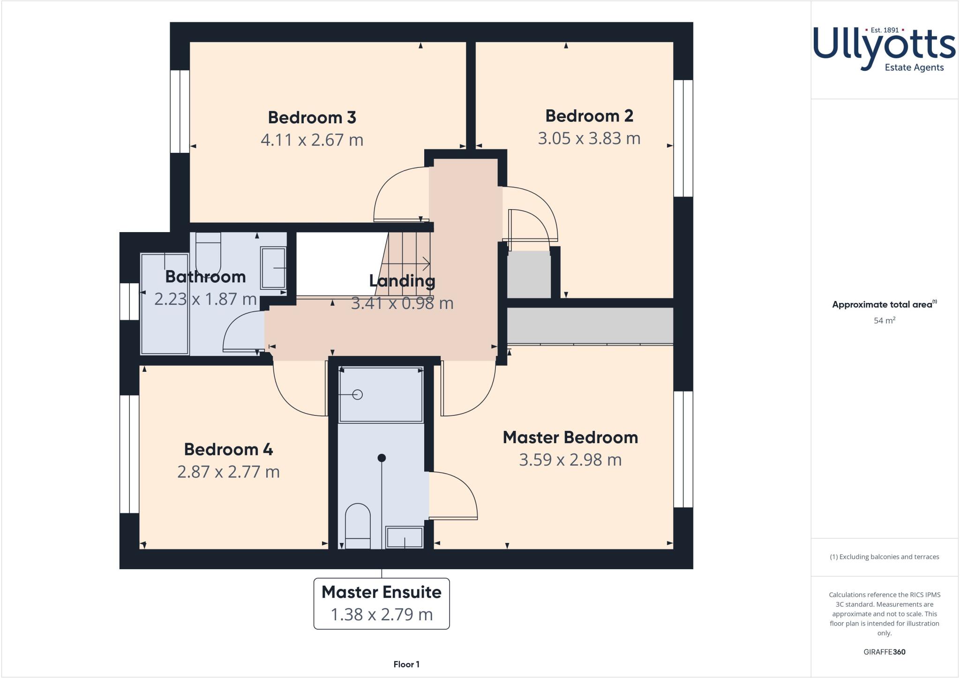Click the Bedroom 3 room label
(312, 117)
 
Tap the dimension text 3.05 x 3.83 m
(589, 138)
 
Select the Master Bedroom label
(570, 437)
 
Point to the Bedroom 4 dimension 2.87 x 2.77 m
(228, 472)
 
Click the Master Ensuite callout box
(381, 603)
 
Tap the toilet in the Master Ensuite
(358, 525)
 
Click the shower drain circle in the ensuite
(358, 395)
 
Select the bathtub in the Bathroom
(164, 304)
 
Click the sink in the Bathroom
(273, 268)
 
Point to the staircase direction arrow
(412, 264)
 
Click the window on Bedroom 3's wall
(179, 112)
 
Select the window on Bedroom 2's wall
(683, 138)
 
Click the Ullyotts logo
(884, 49)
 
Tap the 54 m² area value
(884, 321)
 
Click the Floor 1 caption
(406, 664)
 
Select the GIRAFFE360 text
(884, 652)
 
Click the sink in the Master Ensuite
(404, 537)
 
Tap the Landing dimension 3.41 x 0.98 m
(402, 303)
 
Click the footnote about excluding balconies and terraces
(884, 557)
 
